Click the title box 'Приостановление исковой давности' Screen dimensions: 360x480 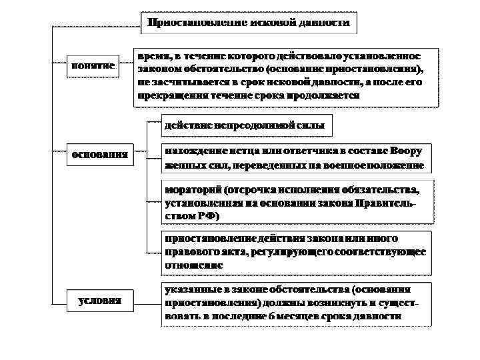tap(249, 23)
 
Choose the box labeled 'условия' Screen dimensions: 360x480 tap(100, 300)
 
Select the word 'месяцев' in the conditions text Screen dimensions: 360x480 tap(287, 315)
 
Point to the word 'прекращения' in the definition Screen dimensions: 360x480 tap(173, 95)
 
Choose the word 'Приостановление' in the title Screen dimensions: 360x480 tap(189, 23)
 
